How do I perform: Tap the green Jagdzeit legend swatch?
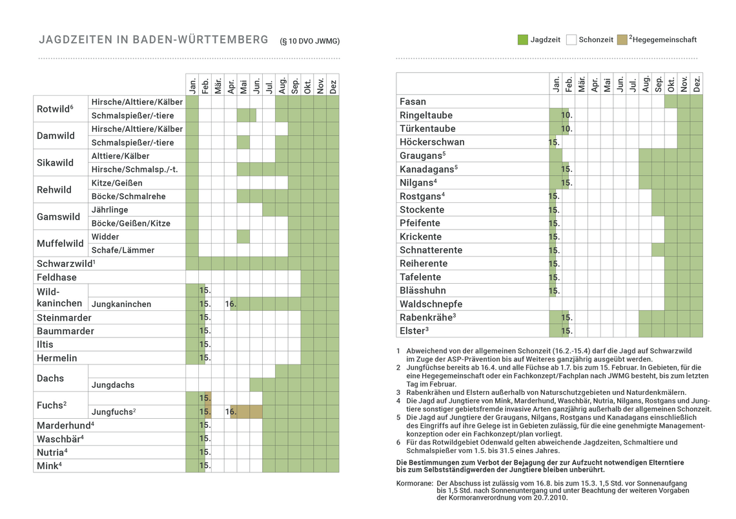[523, 39]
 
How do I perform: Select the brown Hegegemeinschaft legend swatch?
[622, 39]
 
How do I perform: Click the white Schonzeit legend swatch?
[571, 39]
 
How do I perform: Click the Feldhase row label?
[57, 277]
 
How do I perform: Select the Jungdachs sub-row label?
[113, 385]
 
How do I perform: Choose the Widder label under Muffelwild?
[105, 237]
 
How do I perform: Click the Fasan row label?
[413, 101]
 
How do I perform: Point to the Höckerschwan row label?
[432, 142]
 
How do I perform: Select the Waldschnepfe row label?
[431, 304]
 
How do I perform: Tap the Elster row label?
[414, 331]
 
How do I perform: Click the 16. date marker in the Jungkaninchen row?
[230, 304]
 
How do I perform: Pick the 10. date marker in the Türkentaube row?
[567, 129]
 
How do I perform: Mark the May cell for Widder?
[243, 237]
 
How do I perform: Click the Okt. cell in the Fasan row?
[671, 101]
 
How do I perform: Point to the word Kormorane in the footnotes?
[414, 483]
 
